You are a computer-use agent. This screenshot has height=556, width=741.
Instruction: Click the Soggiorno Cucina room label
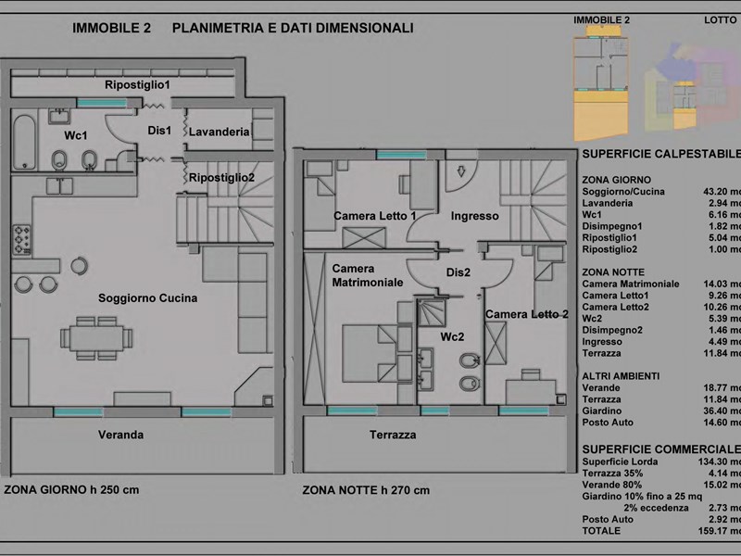(148, 298)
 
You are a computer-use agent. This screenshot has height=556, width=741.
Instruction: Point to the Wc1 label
(75, 135)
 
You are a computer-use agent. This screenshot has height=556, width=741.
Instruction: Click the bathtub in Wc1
(25, 141)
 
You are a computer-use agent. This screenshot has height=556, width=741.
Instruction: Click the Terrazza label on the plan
(393, 435)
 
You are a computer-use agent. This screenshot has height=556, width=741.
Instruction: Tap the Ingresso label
(475, 217)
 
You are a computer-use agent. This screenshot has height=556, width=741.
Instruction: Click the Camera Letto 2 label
(527, 315)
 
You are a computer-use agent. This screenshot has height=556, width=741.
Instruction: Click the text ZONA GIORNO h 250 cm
(71, 489)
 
